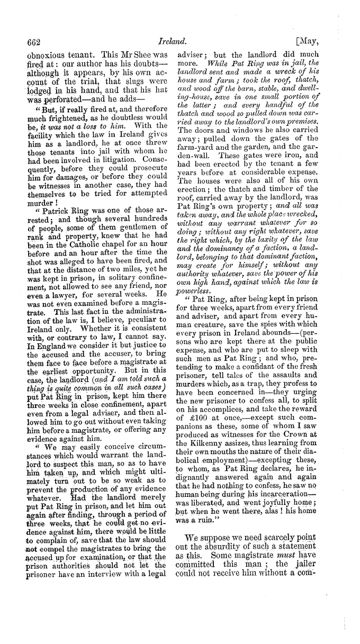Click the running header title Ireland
[179, 40]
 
